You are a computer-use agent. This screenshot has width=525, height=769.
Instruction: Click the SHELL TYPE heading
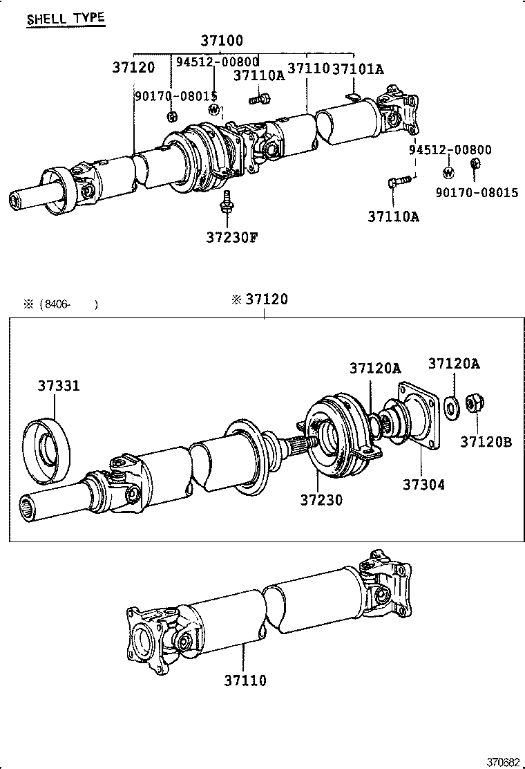(66, 18)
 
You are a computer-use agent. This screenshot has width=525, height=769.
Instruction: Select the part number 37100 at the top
(222, 41)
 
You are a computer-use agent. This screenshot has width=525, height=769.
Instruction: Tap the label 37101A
(359, 68)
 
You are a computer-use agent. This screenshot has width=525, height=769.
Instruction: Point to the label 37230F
(231, 237)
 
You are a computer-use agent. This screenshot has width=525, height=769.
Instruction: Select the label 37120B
(486, 441)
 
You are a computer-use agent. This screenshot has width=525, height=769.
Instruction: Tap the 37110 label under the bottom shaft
(245, 680)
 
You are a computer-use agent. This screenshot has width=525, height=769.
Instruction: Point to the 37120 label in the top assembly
(134, 68)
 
